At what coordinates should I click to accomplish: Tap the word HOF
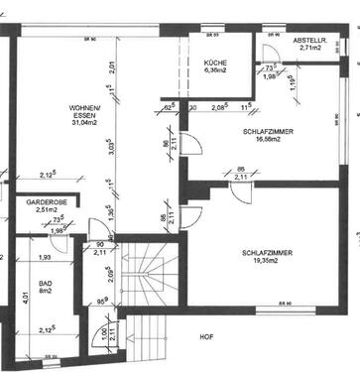click(205, 337)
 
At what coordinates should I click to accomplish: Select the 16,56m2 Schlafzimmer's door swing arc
click(194, 146)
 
